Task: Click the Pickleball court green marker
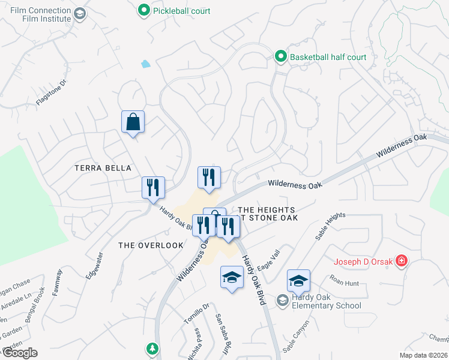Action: click(143, 10)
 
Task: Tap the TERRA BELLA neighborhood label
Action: click(103, 169)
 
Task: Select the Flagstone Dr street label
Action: click(50, 94)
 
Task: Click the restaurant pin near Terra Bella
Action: click(153, 187)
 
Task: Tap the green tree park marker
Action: click(152, 349)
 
